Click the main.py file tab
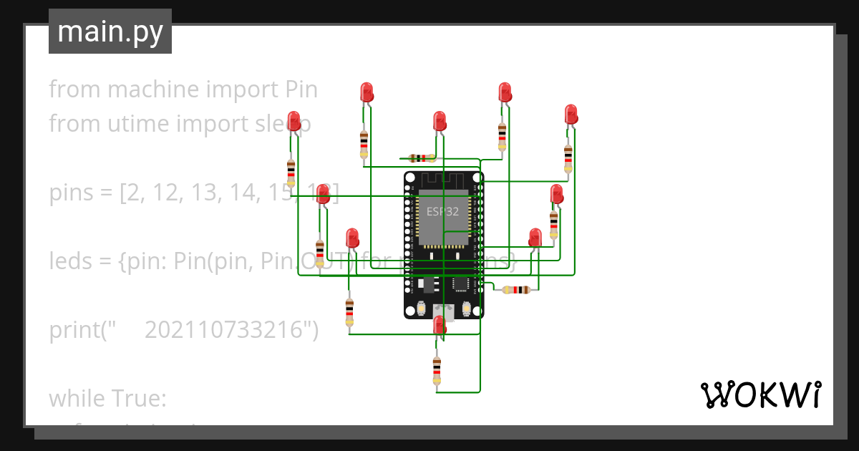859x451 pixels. click(x=110, y=31)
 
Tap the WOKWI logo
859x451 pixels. click(x=759, y=394)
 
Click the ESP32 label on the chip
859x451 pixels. click(x=442, y=211)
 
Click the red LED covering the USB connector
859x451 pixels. click(x=440, y=325)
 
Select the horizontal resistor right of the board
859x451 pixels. click(x=516, y=290)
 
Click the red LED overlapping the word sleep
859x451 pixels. click(x=293, y=120)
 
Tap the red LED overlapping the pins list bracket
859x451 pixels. click(x=323, y=193)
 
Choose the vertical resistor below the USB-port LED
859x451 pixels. click(x=437, y=370)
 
